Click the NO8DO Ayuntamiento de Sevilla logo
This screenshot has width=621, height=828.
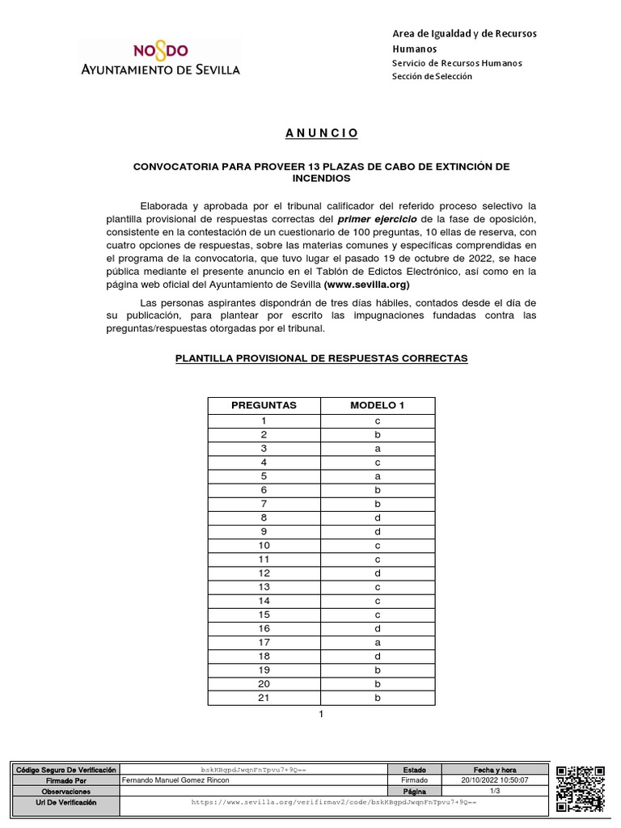click(x=158, y=59)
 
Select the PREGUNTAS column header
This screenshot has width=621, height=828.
click(x=264, y=405)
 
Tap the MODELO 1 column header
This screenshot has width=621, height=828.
click(x=377, y=405)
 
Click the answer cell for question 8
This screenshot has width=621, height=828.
click(x=377, y=517)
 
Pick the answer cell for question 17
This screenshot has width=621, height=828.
click(x=377, y=642)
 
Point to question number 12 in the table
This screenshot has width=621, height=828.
click(x=264, y=572)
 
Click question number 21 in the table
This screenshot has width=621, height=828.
click(x=264, y=697)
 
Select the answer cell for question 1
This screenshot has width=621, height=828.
click(x=377, y=421)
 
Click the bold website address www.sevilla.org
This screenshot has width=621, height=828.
click(x=366, y=285)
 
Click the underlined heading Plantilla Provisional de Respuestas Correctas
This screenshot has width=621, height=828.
click(x=321, y=357)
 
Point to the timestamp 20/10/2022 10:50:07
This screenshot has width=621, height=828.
click(x=494, y=781)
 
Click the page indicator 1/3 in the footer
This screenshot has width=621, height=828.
click(x=494, y=792)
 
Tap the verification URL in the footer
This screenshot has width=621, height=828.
click(x=333, y=802)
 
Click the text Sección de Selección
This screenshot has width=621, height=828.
click(x=432, y=76)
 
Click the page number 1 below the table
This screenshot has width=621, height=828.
click(x=321, y=715)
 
